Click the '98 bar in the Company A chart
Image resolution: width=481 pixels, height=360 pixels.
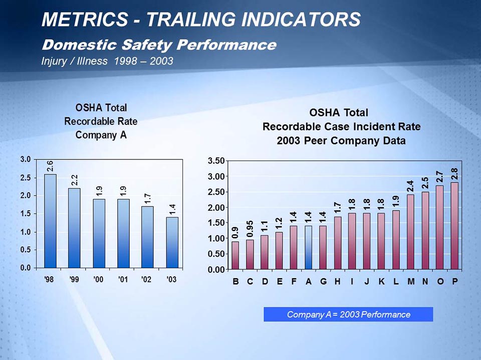[50, 221]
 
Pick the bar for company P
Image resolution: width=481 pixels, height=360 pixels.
[454, 226]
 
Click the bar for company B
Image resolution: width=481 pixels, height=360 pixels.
[235, 255]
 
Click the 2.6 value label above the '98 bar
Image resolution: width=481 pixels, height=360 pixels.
[51, 166]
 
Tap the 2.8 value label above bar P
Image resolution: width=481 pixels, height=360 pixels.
[454, 173]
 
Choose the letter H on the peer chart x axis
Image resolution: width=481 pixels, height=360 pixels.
[338, 281]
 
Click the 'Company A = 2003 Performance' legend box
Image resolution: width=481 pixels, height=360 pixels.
[348, 314]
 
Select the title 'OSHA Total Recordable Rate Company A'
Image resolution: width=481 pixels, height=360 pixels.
[101, 121]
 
